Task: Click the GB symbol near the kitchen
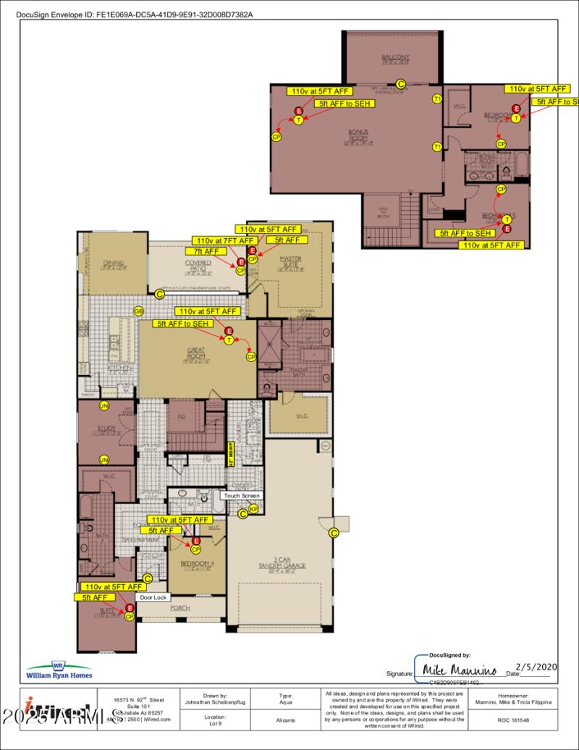[138, 311]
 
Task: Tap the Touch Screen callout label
[241, 496]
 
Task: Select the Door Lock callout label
[153, 598]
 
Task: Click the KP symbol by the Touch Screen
[253, 510]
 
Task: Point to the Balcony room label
[396, 59]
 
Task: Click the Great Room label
[196, 353]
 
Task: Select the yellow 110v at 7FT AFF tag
[224, 240]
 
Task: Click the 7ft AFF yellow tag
[206, 251]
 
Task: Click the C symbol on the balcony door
[400, 84]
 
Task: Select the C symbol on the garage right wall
[334, 534]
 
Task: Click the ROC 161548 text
[513, 720]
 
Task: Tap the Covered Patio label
[198, 266]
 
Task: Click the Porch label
[179, 608]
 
